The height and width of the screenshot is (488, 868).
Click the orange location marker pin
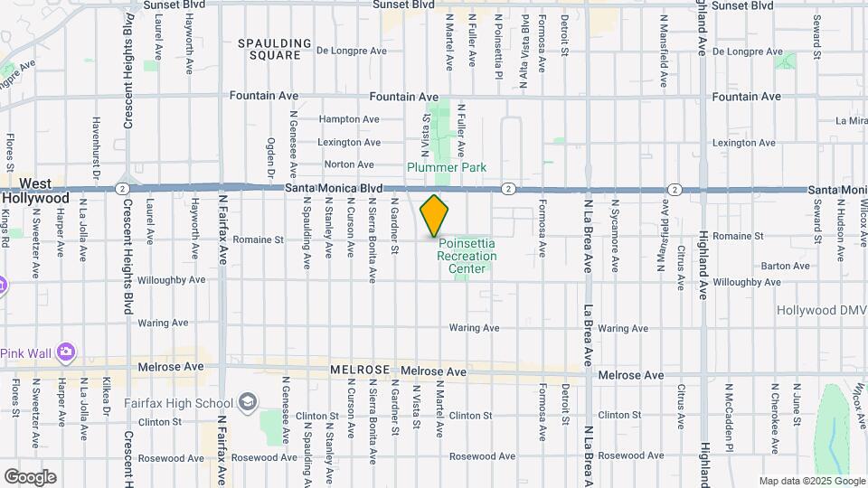click(x=435, y=215)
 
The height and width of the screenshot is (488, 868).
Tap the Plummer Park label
click(x=447, y=167)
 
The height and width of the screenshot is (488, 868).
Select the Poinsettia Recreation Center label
click(x=467, y=256)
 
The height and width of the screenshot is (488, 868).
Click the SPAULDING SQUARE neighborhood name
click(x=269, y=49)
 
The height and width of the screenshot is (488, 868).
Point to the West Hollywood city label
click(x=34, y=190)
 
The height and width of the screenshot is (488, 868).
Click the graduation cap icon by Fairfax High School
click(x=248, y=402)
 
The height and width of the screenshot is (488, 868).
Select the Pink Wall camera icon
click(x=65, y=351)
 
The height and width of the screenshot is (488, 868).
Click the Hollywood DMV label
click(x=822, y=310)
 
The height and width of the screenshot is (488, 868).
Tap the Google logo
click(x=30, y=476)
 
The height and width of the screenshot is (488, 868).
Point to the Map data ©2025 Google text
click(x=811, y=481)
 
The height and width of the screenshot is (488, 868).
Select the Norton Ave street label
click(x=349, y=164)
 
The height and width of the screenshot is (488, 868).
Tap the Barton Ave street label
click(x=785, y=266)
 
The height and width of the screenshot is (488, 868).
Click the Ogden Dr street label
click(x=269, y=157)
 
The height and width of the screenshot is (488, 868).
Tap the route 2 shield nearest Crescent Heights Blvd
click(x=121, y=188)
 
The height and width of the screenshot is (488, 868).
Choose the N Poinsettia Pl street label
click(x=497, y=45)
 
